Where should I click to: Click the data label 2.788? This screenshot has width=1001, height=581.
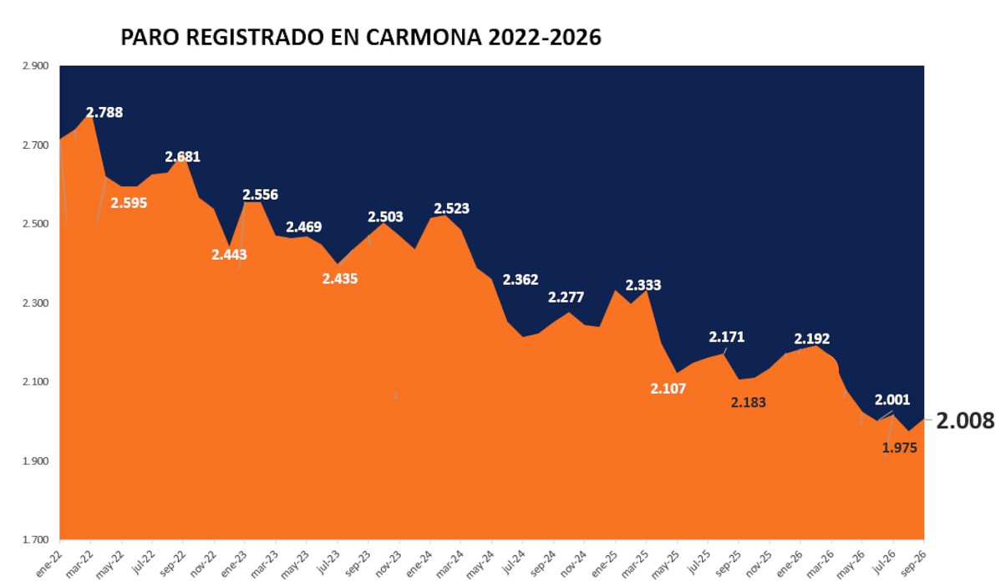[104, 112]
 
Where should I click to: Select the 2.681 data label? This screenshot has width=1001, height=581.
[183, 156]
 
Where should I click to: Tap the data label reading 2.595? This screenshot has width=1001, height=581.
[129, 203]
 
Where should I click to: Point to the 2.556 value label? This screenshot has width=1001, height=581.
[261, 195]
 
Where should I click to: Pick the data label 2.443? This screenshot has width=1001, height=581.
[229, 255]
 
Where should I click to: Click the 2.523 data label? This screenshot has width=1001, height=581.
[452, 209]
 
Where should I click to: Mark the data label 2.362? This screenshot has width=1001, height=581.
[521, 280]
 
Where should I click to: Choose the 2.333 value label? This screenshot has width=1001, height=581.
[643, 285]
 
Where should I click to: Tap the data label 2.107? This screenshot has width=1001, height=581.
[668, 389]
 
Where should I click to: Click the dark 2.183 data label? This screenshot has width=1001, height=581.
[748, 403]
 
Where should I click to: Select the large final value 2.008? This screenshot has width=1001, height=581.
[965, 420]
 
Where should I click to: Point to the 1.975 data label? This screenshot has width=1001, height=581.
[900, 448]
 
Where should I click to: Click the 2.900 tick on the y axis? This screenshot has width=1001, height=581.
[36, 66]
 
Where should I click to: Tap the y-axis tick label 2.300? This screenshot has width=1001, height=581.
[36, 303]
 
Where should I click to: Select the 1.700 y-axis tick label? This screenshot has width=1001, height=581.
[36, 540]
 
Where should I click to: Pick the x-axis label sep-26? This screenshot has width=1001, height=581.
[913, 563]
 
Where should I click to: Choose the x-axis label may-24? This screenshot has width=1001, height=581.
[481, 564]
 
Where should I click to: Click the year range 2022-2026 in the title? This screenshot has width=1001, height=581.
[545, 37]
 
